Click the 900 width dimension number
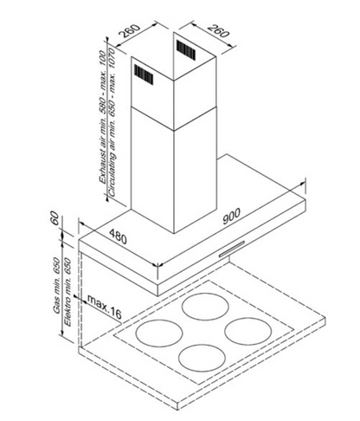(x=231, y=216)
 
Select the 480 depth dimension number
(x=118, y=236)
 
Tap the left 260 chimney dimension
(x=130, y=31)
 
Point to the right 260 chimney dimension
(x=218, y=31)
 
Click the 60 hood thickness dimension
(x=55, y=219)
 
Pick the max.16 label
(x=105, y=307)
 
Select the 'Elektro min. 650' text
(x=67, y=292)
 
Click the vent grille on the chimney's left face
(x=144, y=74)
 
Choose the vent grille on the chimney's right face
(x=186, y=49)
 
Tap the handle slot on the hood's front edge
(x=232, y=249)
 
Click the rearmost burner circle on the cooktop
(x=205, y=307)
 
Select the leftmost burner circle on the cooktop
(x=159, y=333)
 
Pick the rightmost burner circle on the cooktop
(x=247, y=331)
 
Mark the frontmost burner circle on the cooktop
(x=202, y=359)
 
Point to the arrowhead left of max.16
(x=76, y=296)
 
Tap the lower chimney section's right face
(x=195, y=171)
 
